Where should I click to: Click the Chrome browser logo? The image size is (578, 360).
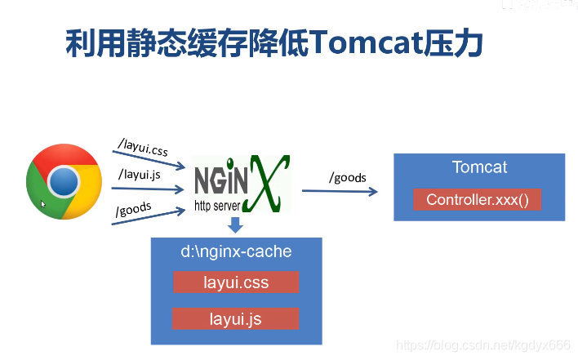coord(64,181)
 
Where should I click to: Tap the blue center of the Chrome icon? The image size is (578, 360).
coord(63,180)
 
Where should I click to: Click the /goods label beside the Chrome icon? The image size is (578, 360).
coord(134,209)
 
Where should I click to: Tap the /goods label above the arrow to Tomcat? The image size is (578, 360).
coord(347,177)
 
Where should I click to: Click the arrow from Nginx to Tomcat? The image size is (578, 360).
coord(339,191)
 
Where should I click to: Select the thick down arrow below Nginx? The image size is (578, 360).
coord(235,224)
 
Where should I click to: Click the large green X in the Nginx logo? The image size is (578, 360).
coord(269,184)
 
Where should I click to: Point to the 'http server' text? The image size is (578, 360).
coord(217,206)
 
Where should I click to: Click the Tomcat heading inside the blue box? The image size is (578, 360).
coord(479,167)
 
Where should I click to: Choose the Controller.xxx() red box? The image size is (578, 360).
coord(478,200)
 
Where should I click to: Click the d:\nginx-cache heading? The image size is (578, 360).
coord(236,251)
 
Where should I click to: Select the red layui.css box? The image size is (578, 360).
coord(236,282)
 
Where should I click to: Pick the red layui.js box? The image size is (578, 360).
coord(236,318)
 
